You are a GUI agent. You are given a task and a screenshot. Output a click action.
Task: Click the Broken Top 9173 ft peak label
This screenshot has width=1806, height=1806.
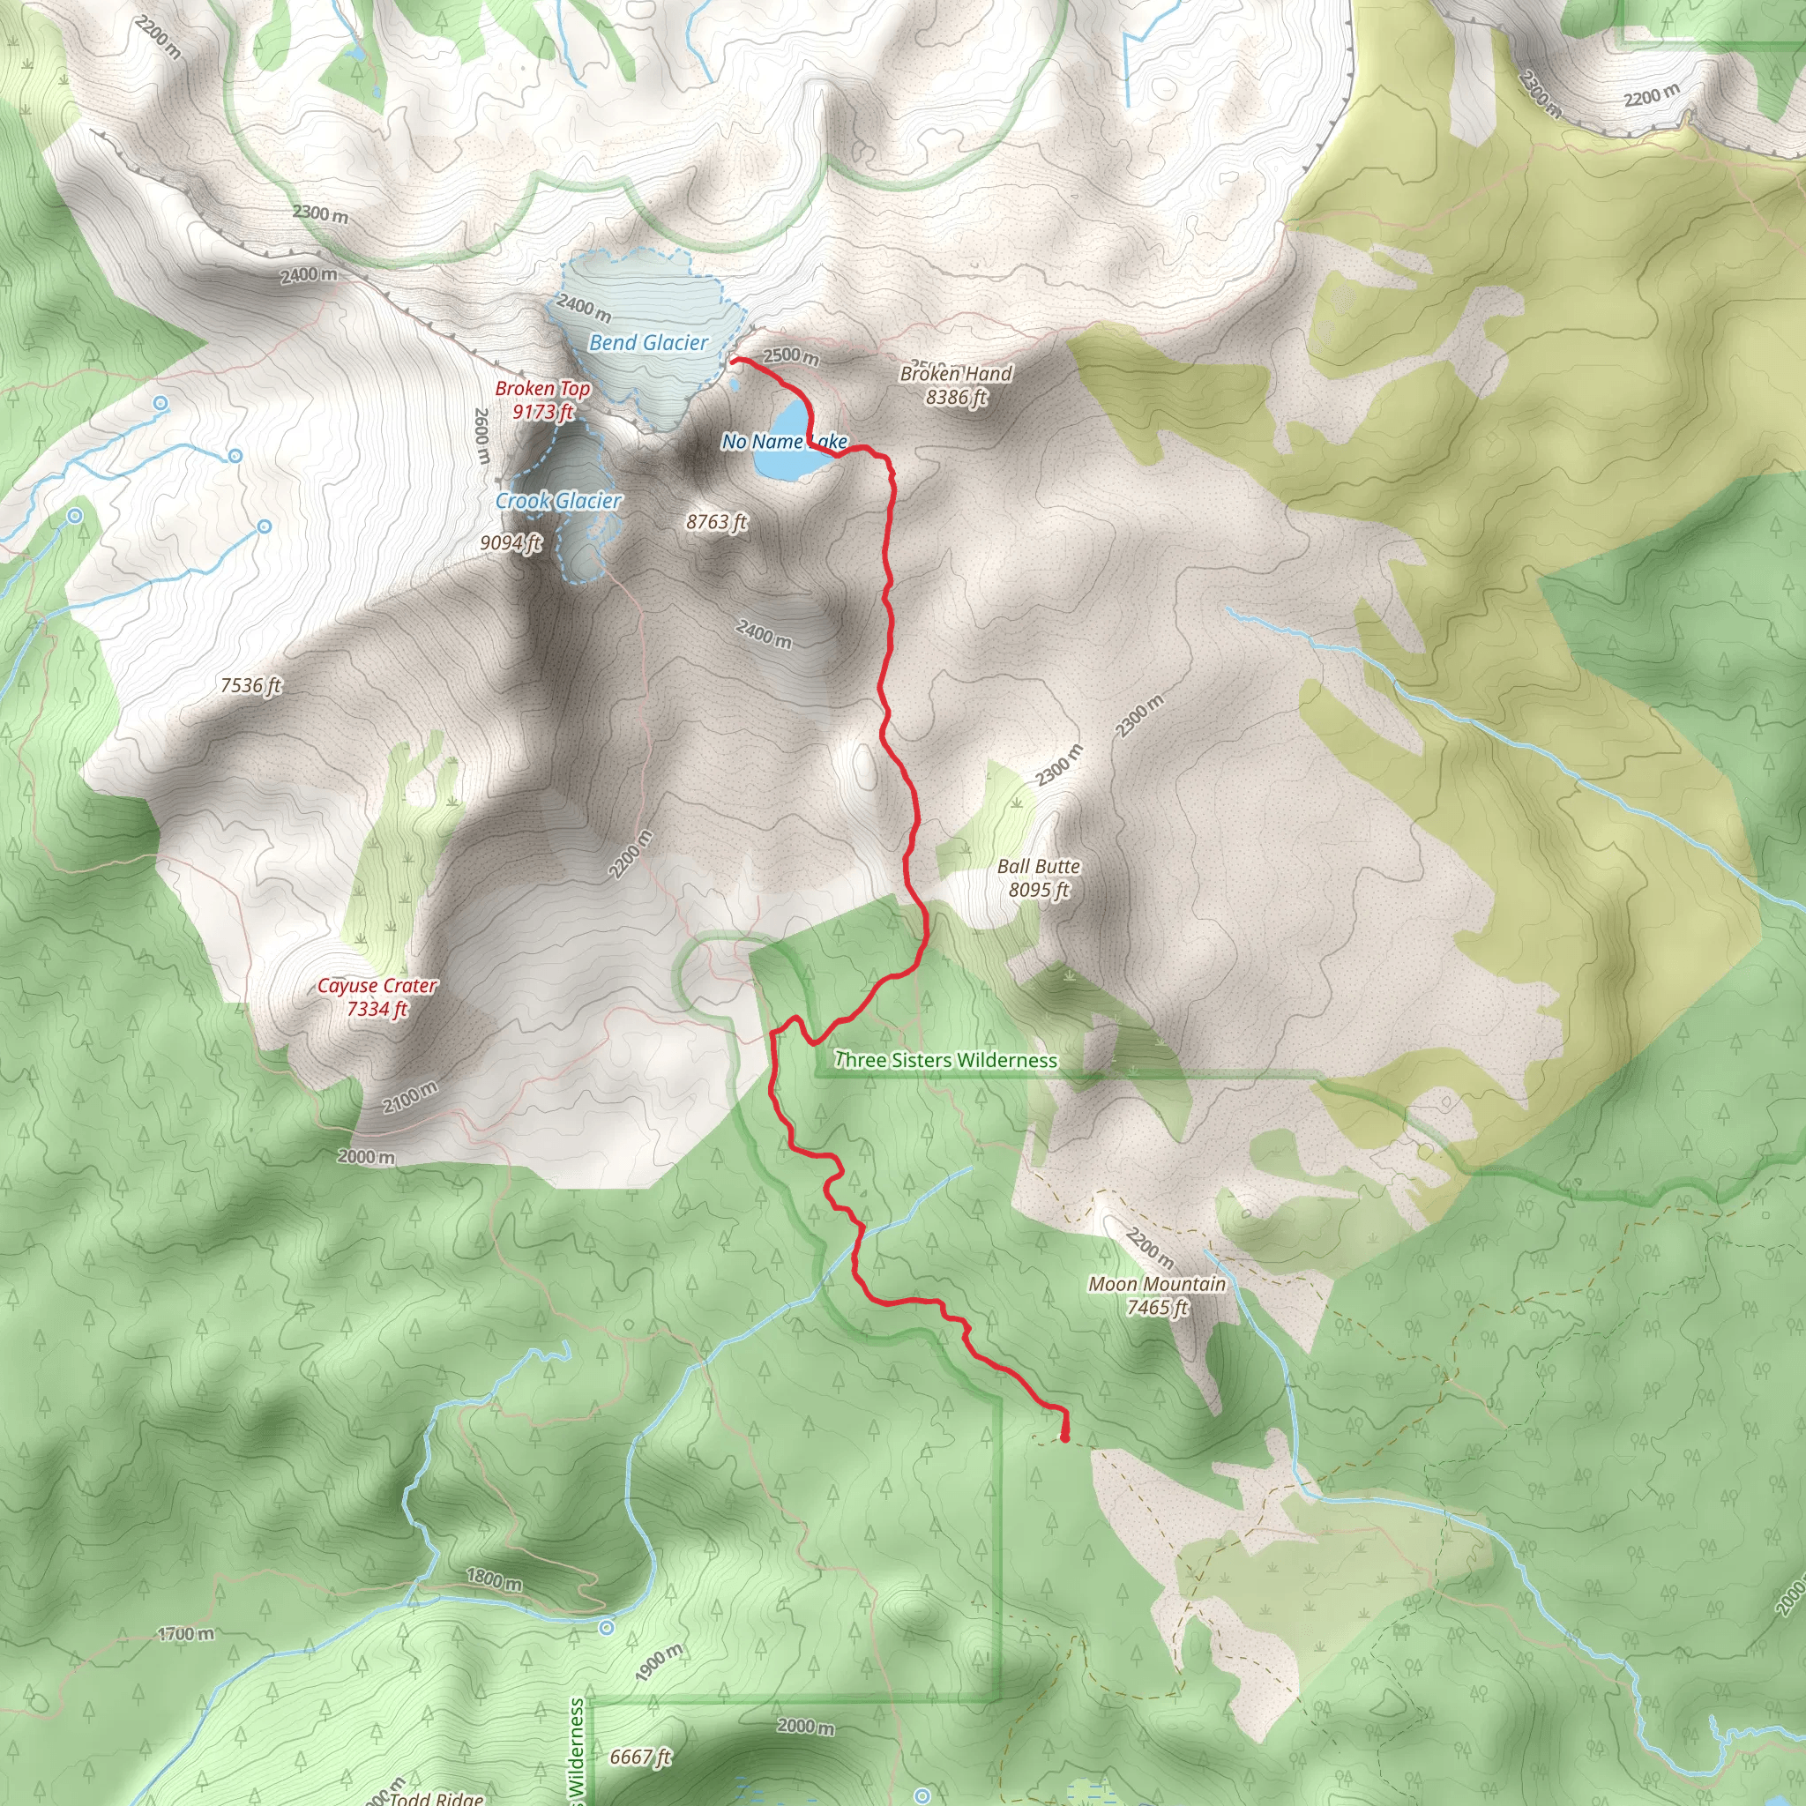542,400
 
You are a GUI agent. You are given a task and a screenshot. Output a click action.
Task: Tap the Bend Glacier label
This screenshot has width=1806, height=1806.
648,343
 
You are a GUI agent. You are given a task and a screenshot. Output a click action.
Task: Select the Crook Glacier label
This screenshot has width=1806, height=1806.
558,501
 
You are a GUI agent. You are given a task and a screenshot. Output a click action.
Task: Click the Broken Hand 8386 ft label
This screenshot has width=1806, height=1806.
955,385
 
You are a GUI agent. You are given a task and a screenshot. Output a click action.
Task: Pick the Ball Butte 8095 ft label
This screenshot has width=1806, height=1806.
1038,877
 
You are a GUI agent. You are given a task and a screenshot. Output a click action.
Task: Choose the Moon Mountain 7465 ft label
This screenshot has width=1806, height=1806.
1156,1295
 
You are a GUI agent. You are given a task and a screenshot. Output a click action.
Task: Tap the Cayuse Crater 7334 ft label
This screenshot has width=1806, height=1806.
377,996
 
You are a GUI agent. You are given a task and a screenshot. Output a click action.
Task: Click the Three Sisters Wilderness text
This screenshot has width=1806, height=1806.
945,1060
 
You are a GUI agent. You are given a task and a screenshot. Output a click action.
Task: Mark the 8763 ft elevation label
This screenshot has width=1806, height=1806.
716,522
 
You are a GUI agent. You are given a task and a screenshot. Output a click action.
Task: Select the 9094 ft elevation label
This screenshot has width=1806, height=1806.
511,542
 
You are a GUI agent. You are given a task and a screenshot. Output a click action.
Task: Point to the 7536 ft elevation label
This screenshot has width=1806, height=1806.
250,685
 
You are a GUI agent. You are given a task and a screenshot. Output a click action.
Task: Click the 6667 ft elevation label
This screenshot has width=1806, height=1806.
640,1757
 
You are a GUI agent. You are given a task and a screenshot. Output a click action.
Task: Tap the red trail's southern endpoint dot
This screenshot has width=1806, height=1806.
1064,1437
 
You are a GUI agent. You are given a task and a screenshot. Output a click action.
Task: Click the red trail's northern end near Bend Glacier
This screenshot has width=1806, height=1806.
734,359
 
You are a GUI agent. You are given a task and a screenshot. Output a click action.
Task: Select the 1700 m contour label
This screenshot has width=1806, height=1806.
185,1633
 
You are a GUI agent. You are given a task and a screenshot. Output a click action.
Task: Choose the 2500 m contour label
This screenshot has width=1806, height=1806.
791,356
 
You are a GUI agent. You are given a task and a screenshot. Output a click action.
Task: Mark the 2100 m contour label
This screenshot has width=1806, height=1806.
409,1096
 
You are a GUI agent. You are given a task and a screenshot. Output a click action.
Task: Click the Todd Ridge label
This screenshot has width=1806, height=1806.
437,1797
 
